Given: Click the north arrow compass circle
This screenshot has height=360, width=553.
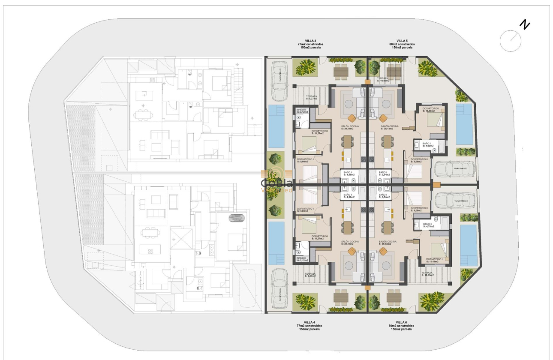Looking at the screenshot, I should pyautogui.click(x=511, y=41).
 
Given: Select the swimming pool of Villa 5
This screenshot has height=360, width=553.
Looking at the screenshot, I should pyautogui.click(x=464, y=123).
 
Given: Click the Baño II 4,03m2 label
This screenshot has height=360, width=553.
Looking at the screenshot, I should pyautogui.click(x=427, y=144).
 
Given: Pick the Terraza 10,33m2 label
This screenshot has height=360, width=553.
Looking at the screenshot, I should pyautogui.click(x=427, y=274).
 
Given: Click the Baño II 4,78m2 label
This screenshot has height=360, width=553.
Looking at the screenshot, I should pyautogui.click(x=427, y=226).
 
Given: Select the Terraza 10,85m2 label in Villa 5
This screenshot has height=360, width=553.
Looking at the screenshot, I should pyautogui.click(x=383, y=80).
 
